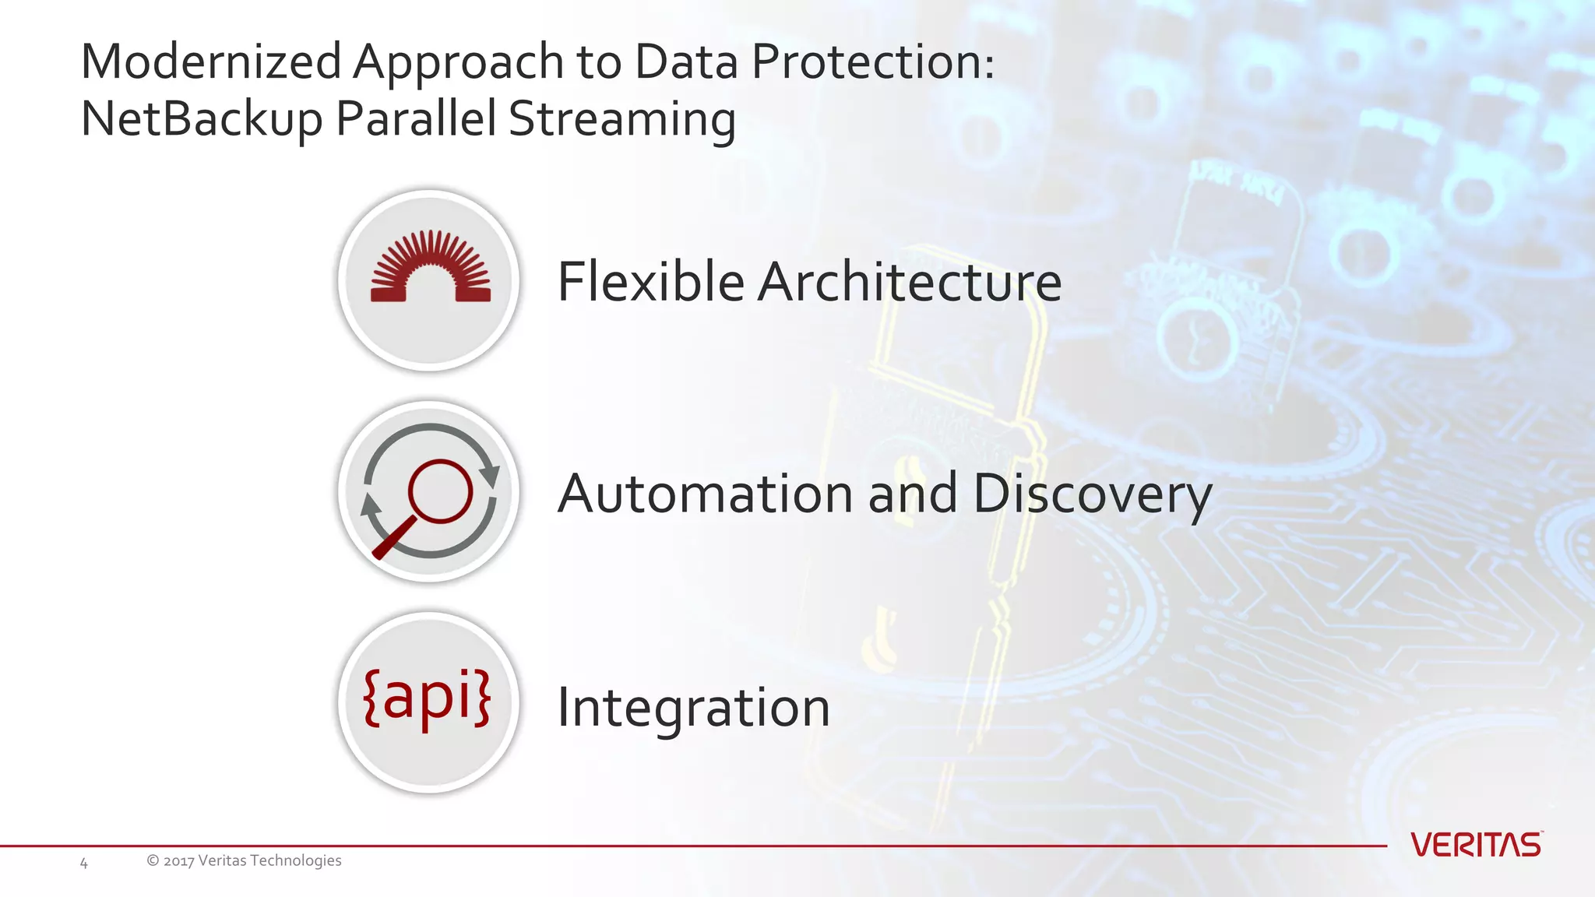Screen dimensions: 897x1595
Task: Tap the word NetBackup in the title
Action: click(201, 119)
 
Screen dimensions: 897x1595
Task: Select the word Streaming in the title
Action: click(621, 119)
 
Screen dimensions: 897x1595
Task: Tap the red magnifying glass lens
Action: click(441, 491)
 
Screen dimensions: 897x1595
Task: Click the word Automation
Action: click(705, 494)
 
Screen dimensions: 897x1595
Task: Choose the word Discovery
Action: click(1092, 494)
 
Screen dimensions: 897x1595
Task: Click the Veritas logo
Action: click(1476, 845)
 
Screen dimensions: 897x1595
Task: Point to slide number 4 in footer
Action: click(84, 863)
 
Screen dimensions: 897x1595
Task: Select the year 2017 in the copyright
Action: click(178, 860)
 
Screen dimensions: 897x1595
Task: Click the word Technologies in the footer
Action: click(296, 860)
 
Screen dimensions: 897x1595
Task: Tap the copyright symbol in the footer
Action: click(153, 860)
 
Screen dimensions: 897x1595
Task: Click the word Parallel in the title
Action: click(416, 119)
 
